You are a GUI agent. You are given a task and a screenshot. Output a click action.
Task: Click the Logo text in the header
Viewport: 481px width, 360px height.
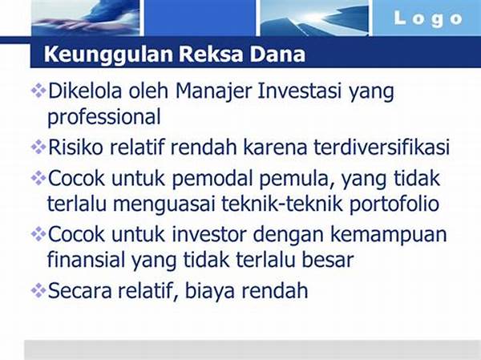[x=428, y=19]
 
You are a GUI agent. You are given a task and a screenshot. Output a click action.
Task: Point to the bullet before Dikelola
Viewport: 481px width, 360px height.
[x=38, y=91]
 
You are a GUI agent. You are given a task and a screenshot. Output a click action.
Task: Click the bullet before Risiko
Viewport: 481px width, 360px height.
[x=38, y=147]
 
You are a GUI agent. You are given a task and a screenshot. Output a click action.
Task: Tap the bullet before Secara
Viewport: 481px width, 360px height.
[x=38, y=290]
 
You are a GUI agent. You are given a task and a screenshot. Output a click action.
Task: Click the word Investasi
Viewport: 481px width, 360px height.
[x=299, y=91]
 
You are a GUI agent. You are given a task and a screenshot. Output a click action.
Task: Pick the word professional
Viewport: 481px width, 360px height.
[x=104, y=118]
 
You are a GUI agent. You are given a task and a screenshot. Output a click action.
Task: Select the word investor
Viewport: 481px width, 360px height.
[x=209, y=234]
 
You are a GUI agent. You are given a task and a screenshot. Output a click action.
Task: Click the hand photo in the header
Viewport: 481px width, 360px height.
[x=85, y=17]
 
